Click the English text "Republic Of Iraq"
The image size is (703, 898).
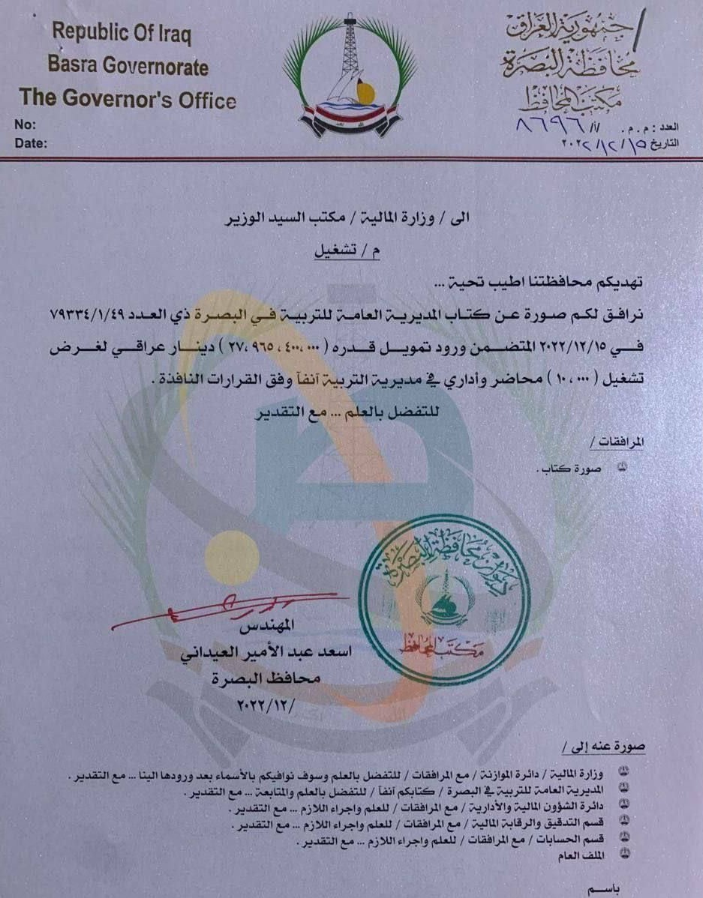pyautogui.click(x=122, y=34)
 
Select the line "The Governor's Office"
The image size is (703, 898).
pyautogui.click(x=128, y=99)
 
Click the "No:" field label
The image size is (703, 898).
pyautogui.click(x=25, y=124)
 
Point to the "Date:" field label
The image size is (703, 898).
pyautogui.click(x=31, y=142)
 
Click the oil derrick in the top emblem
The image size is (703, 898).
pyautogui.click(x=347, y=45)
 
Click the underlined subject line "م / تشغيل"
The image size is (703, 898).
pyautogui.click(x=353, y=253)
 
